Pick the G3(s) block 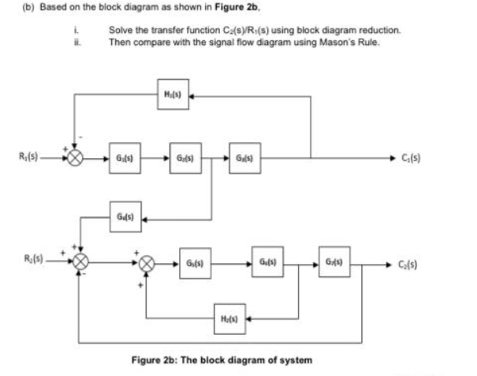tap(241, 156)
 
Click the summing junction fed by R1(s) tap(76, 156)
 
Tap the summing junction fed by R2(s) tap(77, 262)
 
